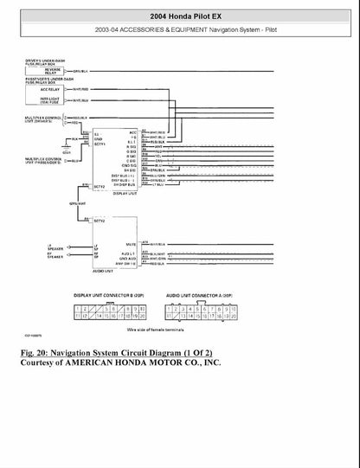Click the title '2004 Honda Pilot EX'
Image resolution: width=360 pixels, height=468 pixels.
pos(179,16)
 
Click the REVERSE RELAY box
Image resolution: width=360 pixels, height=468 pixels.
pos(51,71)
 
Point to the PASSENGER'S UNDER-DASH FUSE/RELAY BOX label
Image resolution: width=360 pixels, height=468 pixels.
pos(50,80)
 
